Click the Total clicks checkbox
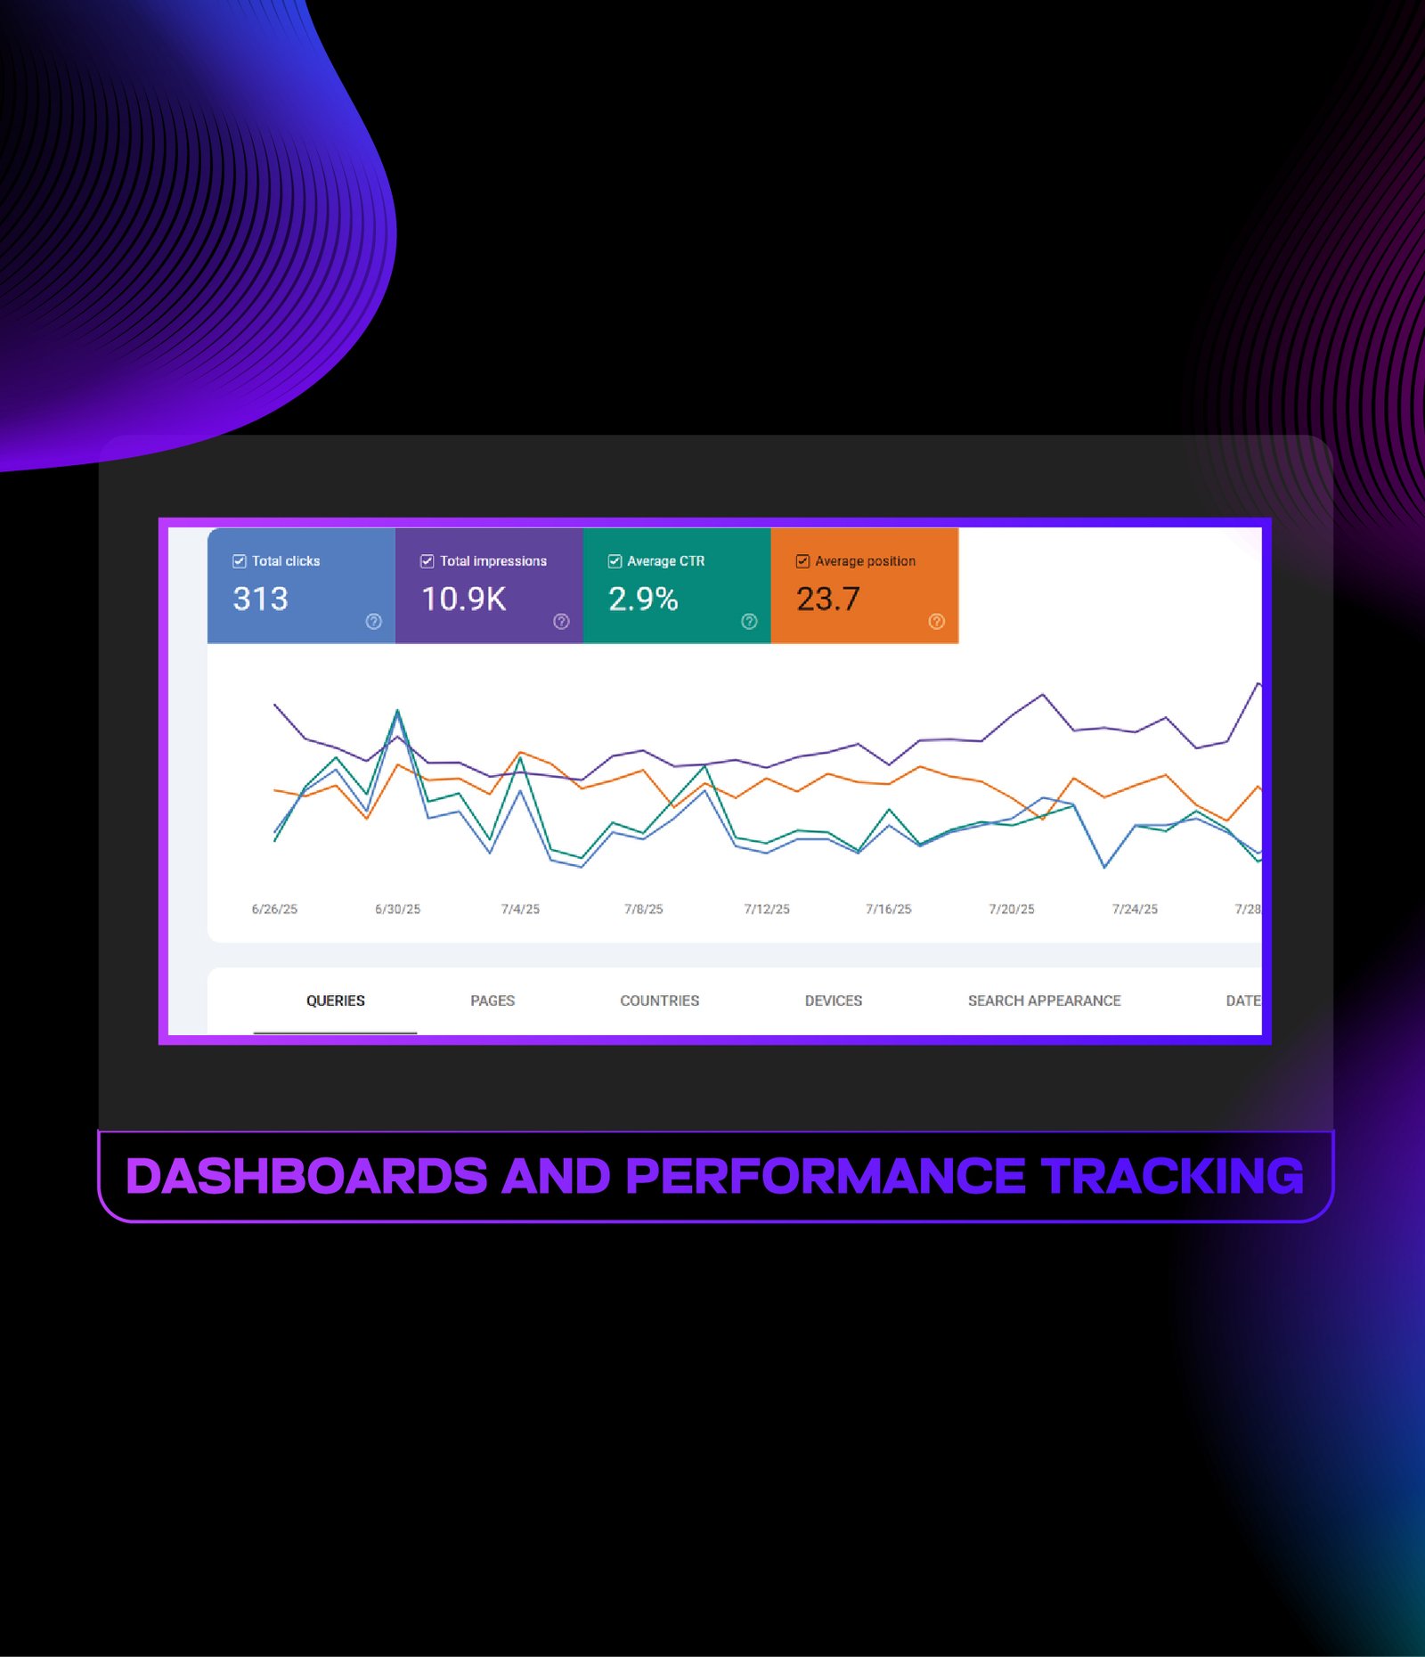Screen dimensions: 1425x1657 239,561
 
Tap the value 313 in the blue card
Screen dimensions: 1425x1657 261,599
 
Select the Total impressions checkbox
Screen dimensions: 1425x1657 427,561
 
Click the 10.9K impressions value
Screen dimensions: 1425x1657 464,599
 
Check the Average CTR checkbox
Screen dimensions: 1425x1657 615,561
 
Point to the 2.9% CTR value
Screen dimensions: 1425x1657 643,599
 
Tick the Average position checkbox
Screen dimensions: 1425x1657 802,561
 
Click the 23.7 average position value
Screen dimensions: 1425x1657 828,599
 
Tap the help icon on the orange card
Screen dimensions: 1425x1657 936,622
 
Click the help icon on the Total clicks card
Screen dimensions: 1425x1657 374,622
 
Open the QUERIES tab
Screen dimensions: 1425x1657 336,1000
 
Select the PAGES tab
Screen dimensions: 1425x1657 493,1000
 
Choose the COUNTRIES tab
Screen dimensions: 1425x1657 660,1000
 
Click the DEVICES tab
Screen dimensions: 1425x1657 834,1000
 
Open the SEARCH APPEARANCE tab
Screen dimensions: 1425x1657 1045,1000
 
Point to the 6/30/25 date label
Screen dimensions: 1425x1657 397,910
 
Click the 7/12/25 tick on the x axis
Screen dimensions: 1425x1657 767,910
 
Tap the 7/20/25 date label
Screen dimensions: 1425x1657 1012,910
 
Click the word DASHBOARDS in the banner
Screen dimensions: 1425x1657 307,1176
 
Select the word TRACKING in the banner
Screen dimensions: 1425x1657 1173,1176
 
